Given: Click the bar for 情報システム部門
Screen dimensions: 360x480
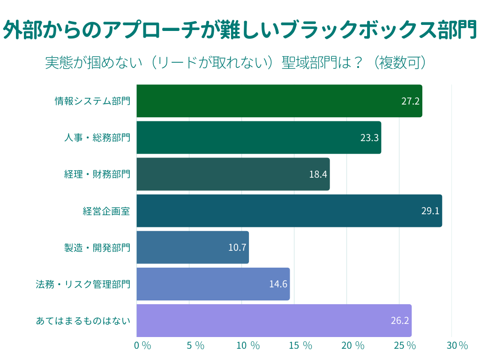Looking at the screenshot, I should [x=279, y=101].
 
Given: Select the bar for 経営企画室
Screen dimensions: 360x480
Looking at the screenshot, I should [x=289, y=210].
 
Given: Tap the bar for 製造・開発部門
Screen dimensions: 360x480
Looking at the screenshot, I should [x=192, y=247].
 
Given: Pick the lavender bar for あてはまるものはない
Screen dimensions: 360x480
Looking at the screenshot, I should [x=274, y=321].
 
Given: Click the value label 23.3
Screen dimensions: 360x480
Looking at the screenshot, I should [x=369, y=137].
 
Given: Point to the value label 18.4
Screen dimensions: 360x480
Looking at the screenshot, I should [x=318, y=174].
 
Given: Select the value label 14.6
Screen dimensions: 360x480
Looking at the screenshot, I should [x=278, y=284].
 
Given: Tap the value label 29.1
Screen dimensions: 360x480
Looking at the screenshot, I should [x=430, y=211].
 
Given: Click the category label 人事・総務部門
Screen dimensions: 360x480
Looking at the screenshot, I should [x=97, y=137].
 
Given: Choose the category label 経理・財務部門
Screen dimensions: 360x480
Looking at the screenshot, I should [x=97, y=174].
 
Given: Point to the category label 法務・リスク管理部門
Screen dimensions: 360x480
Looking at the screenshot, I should [x=83, y=284].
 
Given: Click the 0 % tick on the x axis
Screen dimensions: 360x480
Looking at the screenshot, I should [x=142, y=346].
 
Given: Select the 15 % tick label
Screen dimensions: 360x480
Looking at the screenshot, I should [x=300, y=346].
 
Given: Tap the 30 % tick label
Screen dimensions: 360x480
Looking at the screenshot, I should [x=457, y=346].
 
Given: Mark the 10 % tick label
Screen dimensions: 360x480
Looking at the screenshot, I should [x=248, y=346].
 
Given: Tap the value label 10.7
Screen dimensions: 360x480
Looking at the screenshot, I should [x=237, y=247].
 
